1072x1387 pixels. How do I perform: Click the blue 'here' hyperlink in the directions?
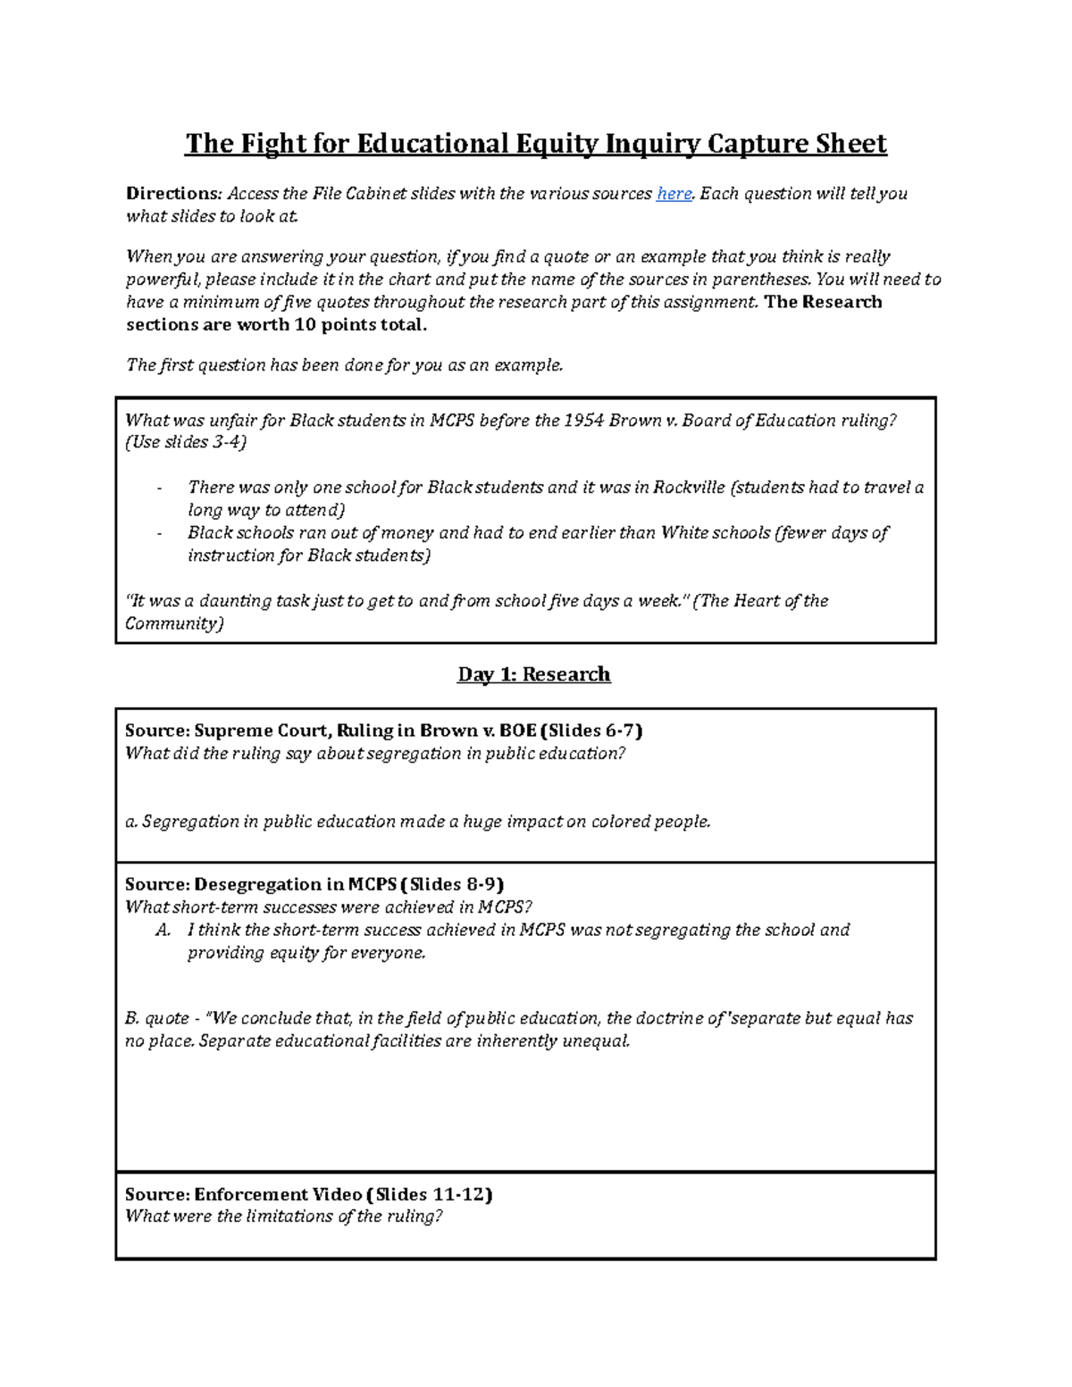click(674, 194)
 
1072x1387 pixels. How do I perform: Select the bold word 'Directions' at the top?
click(172, 194)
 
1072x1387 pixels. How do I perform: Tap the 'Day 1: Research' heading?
click(533, 674)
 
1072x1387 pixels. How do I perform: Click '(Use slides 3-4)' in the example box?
click(186, 443)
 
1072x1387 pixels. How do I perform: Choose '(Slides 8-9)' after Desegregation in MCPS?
click(453, 884)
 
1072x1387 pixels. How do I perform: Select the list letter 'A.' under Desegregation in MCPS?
click(163, 930)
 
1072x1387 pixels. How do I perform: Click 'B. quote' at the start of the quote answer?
click(157, 1019)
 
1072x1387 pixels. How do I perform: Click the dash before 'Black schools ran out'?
click(159, 533)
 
